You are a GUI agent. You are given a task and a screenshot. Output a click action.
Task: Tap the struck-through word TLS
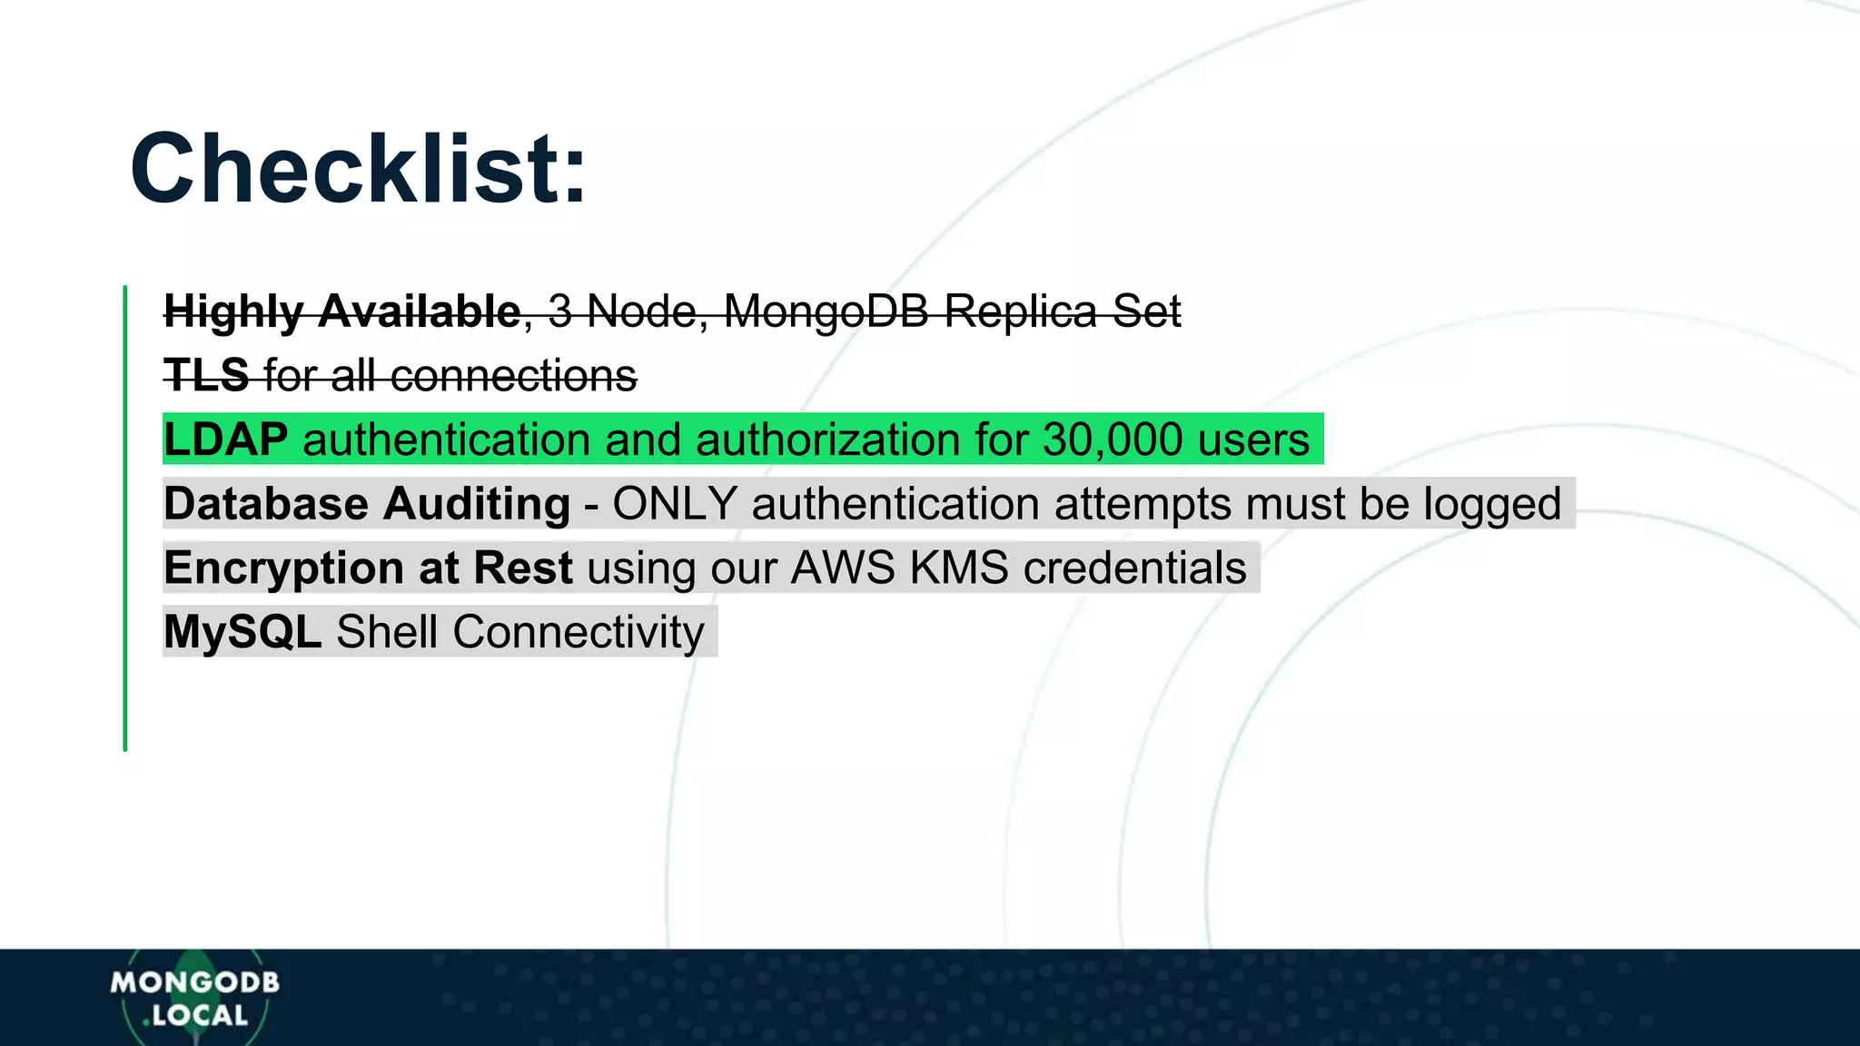click(206, 375)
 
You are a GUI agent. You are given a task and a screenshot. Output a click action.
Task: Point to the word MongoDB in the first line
click(826, 311)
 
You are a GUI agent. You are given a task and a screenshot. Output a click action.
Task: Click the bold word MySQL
click(242, 632)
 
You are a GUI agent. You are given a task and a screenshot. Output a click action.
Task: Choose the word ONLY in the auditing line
click(674, 504)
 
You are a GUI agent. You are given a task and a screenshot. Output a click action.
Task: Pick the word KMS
click(959, 568)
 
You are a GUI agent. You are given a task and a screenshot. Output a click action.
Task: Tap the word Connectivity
click(579, 632)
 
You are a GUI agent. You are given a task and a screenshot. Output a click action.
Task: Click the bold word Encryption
click(283, 568)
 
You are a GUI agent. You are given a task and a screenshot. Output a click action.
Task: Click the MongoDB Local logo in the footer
click(194, 998)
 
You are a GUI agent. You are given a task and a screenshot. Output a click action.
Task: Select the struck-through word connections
click(514, 375)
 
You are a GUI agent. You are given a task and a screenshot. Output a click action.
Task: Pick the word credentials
click(1134, 568)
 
